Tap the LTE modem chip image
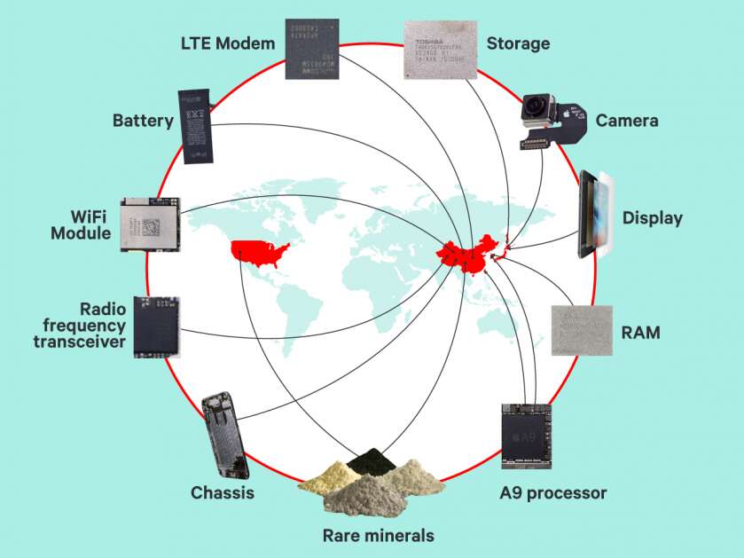(x=312, y=48)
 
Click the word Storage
(x=518, y=43)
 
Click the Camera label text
(x=627, y=121)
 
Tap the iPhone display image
(x=595, y=216)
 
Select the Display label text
(x=652, y=217)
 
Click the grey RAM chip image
(x=581, y=331)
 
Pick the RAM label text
(x=641, y=334)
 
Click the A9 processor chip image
(x=530, y=436)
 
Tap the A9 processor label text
(x=553, y=492)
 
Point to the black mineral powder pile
(x=364, y=461)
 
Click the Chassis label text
(x=222, y=492)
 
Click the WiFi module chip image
(x=150, y=224)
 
